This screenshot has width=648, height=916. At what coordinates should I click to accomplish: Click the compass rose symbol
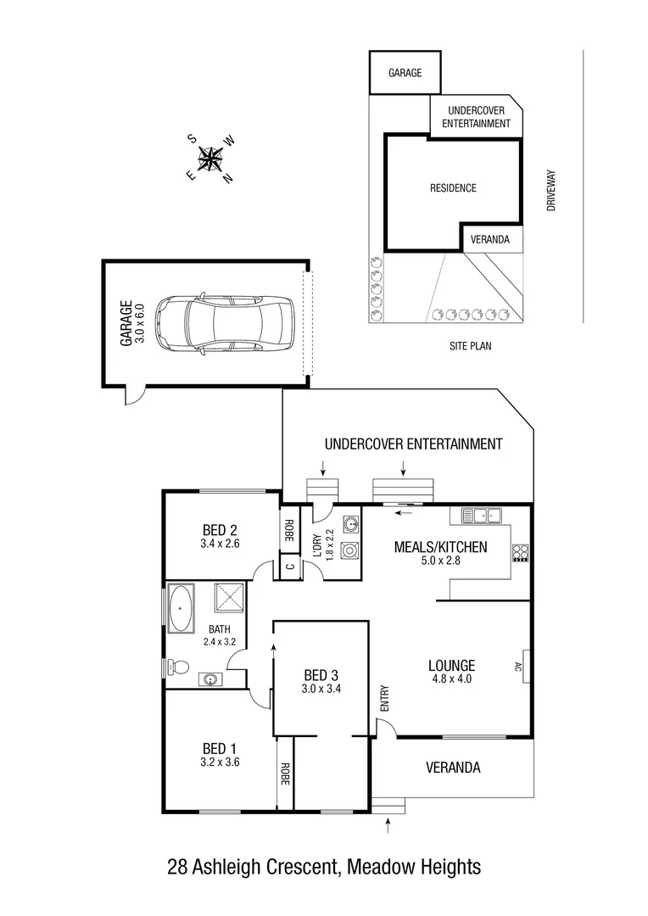click(210, 159)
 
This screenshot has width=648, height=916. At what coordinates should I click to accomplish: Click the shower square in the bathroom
click(229, 600)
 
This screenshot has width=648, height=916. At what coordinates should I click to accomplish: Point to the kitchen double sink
click(480, 515)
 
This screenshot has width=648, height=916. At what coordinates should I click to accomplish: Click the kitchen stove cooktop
click(520, 553)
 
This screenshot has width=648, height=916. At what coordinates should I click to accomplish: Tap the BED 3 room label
click(321, 675)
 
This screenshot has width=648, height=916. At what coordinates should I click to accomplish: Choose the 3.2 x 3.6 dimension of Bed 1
click(219, 762)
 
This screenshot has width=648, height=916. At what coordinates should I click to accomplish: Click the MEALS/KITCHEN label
click(440, 547)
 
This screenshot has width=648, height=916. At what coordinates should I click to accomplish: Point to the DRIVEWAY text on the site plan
click(550, 191)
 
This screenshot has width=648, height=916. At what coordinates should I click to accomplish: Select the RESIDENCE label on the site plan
click(452, 188)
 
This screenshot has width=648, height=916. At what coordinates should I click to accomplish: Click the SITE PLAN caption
click(470, 346)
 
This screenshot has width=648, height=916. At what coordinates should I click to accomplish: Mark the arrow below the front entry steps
click(388, 823)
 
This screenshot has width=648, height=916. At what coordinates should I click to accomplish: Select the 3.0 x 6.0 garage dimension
click(141, 322)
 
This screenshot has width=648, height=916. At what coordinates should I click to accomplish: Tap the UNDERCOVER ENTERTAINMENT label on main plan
click(414, 444)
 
